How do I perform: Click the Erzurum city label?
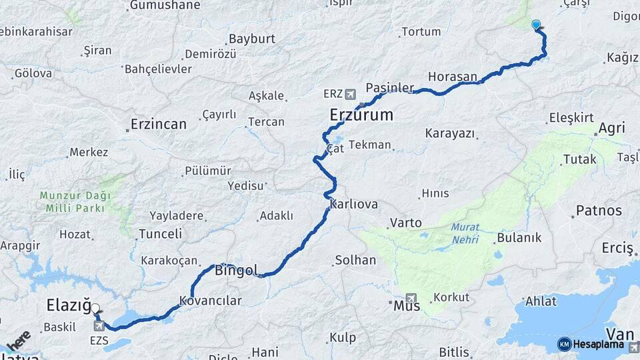(361, 115)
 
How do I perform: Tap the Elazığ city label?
(68, 305)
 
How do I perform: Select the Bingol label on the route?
(236, 270)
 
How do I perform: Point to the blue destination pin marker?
(536, 25)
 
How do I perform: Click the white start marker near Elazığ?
(95, 309)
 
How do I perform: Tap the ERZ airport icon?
(351, 93)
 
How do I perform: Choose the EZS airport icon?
(99, 326)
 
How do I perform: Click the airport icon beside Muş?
(410, 299)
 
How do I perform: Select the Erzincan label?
(159, 124)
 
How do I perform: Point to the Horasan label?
(453, 77)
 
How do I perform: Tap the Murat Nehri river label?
(465, 233)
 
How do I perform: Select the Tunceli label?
(160, 234)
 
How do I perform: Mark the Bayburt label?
(252, 39)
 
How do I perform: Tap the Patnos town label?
(599, 211)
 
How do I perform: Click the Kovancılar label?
(210, 301)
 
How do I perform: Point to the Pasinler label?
(391, 88)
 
